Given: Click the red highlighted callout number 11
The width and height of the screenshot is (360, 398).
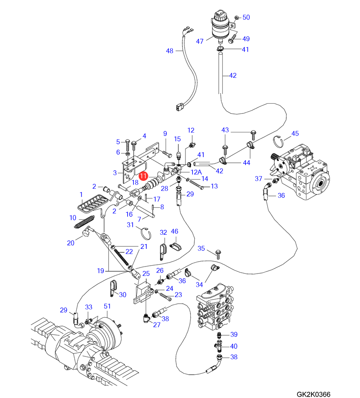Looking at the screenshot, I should (x=143, y=176).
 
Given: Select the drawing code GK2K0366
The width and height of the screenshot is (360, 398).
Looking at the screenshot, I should (x=313, y=394).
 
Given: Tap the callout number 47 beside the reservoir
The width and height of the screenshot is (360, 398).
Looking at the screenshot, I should (x=200, y=41).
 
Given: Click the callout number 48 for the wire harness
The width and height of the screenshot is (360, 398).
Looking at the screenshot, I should (x=170, y=51).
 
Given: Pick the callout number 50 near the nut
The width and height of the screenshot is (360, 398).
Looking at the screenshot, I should (x=246, y=17).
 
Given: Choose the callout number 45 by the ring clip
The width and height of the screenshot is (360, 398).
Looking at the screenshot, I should (x=295, y=133).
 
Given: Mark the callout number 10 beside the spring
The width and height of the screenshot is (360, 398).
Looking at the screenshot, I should (x=73, y=218).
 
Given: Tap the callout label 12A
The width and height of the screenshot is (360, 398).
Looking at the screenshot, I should (x=196, y=172).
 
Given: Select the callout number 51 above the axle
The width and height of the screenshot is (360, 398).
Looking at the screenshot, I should (x=107, y=306).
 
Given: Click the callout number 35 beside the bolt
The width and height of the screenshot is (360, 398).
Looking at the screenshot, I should (x=201, y=248).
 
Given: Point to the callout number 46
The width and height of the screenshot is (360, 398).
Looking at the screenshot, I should (x=174, y=231).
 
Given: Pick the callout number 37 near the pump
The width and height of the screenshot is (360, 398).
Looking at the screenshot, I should (x=258, y=178).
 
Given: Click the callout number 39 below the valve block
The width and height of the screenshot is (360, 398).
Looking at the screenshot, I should (x=234, y=334).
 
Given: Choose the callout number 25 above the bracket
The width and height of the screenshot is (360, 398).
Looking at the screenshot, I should (x=146, y=274).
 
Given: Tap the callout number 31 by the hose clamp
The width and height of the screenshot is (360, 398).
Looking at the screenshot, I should (x=130, y=225).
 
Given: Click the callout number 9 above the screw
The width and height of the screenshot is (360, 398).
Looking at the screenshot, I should (x=165, y=133).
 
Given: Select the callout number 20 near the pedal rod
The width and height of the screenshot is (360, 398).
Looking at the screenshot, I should (x=70, y=242).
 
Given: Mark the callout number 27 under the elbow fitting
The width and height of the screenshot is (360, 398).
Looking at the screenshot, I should (x=156, y=325).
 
